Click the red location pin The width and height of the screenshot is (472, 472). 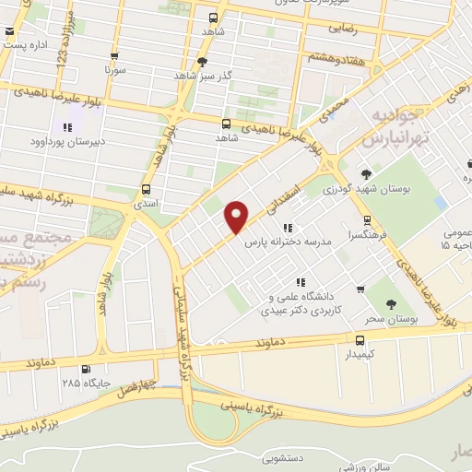(x=237, y=217)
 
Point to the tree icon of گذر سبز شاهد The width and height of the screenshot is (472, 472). (x=202, y=61)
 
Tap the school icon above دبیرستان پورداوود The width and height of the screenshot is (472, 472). (x=65, y=127)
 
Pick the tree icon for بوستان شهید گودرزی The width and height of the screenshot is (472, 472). (x=366, y=173)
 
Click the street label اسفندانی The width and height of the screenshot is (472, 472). (x=282, y=197)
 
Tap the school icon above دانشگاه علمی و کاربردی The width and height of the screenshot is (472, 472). (x=299, y=282)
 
